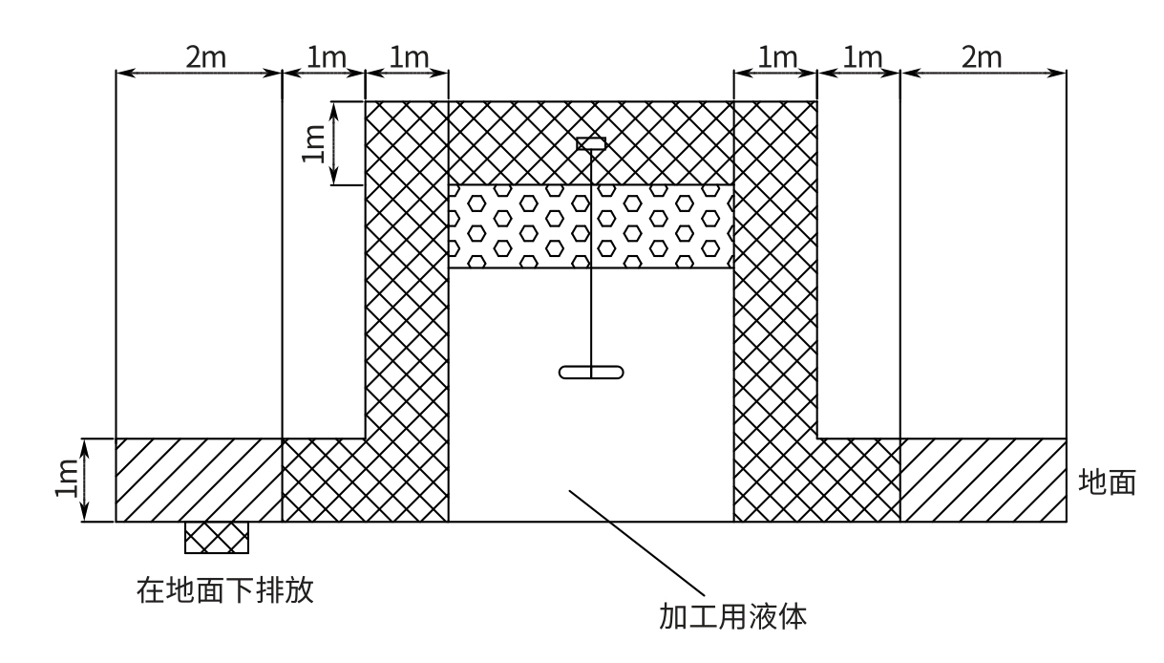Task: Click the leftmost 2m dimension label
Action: [206, 57]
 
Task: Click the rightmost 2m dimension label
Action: [981, 57]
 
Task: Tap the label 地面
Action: [1107, 481]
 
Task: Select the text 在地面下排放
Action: [225, 589]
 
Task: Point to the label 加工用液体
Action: [732, 617]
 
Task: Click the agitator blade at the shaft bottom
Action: [591, 373]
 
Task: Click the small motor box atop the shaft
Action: [591, 143]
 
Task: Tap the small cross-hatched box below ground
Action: [217, 538]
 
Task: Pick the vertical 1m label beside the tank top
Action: [313, 143]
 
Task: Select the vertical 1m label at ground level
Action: [67, 479]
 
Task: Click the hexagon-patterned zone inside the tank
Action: [591, 226]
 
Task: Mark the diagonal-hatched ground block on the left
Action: [199, 480]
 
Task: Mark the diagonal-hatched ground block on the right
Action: [984, 480]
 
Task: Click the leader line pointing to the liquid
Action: [637, 543]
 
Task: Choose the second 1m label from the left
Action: [326, 57]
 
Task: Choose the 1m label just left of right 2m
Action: [861, 57]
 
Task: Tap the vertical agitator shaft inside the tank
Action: [591, 260]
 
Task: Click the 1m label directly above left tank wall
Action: [409, 57]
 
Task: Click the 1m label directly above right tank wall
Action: [777, 57]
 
